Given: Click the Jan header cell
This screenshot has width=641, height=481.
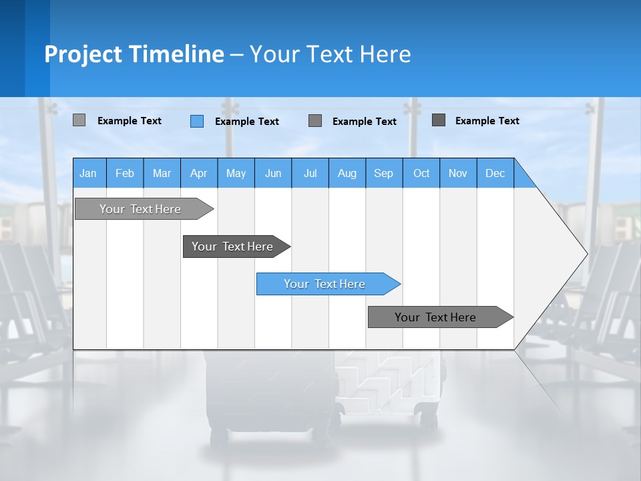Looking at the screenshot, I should point(89,173).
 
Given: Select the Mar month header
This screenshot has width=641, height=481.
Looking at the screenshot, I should point(162,173).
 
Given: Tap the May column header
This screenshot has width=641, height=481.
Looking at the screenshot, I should point(236,173).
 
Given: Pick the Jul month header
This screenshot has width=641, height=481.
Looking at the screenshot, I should point(310,173).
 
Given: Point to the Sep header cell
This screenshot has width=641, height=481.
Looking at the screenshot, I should point(384,173).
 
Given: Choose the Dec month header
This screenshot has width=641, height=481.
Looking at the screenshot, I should point(495,173).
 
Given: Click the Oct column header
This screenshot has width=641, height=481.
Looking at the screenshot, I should point(421,173).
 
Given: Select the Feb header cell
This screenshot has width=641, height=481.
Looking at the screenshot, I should point(125,173).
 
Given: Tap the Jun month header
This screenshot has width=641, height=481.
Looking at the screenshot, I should point(273,173).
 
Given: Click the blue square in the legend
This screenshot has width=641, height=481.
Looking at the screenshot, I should point(197,121).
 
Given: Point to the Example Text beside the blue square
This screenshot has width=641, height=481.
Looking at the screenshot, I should point(246,122).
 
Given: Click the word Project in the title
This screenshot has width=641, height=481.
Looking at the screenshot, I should point(83,54).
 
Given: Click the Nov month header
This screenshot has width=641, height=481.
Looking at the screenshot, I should point(458,173).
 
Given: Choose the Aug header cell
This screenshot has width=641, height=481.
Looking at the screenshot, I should point(347,173).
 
